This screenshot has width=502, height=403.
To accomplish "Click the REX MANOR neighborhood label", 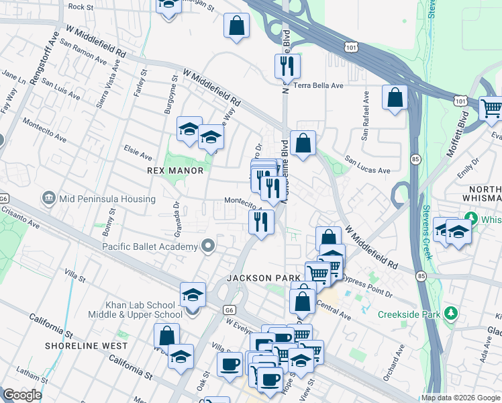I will (175, 171).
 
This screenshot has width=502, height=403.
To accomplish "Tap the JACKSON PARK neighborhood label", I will (258, 278).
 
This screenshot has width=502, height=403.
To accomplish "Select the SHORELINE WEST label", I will (86, 346).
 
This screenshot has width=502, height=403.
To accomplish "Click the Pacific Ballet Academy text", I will (150, 247).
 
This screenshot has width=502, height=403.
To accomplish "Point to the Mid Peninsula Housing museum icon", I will (48, 199).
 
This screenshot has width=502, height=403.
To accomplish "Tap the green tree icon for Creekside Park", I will (452, 314).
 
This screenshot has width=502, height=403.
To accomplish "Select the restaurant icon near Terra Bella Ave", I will (287, 66).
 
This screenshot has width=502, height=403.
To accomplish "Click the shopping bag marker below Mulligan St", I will (237, 26).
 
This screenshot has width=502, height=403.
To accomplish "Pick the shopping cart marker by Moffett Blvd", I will (492, 107).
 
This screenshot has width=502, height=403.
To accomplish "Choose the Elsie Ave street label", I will (138, 154).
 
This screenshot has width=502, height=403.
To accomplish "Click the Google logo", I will (22, 395).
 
